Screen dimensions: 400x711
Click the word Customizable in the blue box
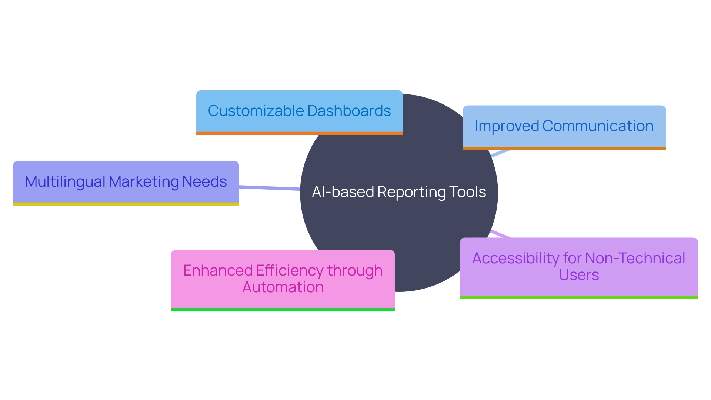[x=256, y=111]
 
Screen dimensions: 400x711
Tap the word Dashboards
[x=349, y=111]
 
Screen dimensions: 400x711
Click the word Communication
[x=598, y=126]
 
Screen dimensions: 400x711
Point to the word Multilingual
[x=65, y=182]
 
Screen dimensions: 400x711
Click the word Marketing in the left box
[x=144, y=182]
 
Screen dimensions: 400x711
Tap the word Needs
[x=204, y=182]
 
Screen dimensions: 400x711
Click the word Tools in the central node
[x=467, y=192]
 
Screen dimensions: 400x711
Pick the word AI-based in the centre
[x=343, y=192]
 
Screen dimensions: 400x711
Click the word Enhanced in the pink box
[x=217, y=271]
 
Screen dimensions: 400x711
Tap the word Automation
[x=283, y=287]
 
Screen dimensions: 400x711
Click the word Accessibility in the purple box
[x=515, y=259]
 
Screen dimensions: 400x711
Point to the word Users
[x=579, y=275]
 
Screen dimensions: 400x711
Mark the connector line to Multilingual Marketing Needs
[x=269, y=188]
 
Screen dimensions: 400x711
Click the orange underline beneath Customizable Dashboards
[x=299, y=133]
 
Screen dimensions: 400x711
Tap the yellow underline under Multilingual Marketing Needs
[x=126, y=204]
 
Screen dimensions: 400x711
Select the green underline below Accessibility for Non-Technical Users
[x=579, y=297]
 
